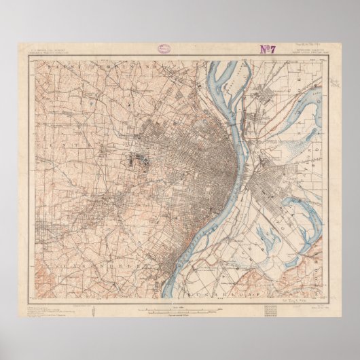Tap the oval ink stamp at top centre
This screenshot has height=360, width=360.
164,49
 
